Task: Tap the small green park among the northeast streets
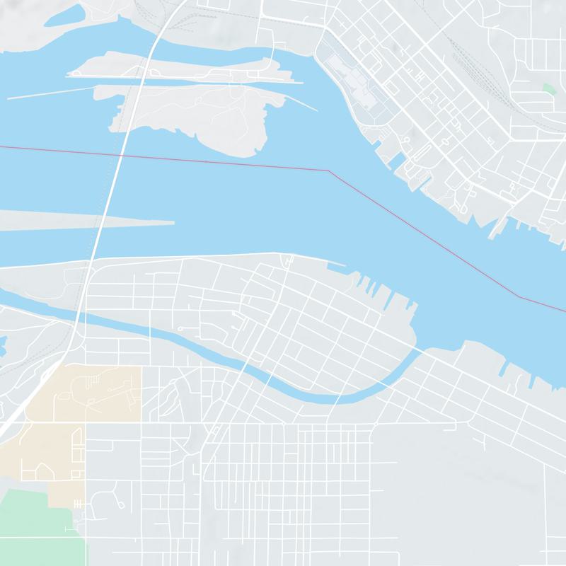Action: coord(548,89)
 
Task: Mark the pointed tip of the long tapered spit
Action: coord(173,224)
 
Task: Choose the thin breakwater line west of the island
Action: coord(50,92)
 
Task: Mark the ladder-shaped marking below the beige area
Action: coord(78,503)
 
